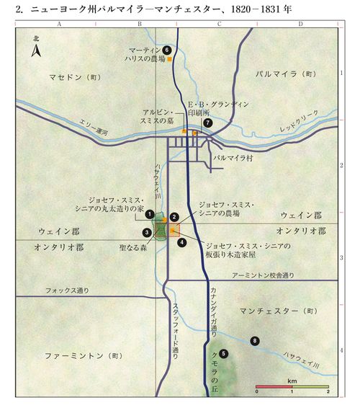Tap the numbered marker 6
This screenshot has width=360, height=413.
166,50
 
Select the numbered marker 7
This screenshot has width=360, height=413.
208,123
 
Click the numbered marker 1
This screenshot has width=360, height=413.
149,213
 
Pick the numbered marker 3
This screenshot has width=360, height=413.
146,232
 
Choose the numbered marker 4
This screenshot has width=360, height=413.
182,242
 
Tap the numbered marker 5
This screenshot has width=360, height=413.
224,353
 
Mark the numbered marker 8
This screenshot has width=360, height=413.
253,340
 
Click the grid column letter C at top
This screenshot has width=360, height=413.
217,24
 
